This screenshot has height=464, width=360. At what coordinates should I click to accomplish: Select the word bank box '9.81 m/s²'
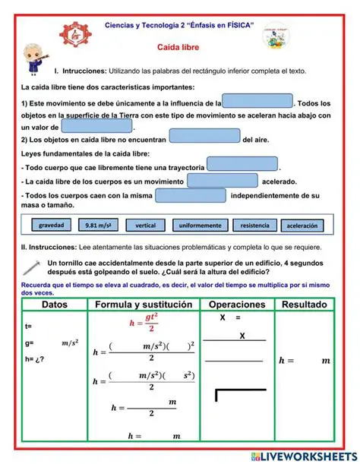coord(99,226)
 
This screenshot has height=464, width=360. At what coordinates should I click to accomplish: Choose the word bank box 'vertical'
coord(145,226)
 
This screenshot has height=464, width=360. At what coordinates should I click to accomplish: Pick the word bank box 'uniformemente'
coord(200,226)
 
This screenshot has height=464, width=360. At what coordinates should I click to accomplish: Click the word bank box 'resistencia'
coord(254,226)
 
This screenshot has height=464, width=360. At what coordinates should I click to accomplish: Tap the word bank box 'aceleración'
coord(303,226)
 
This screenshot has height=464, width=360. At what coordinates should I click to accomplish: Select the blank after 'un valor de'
coord(96,127)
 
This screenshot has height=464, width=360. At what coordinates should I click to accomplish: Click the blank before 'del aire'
coord(204,137)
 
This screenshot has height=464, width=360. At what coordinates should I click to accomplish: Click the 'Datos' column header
coord(54,305)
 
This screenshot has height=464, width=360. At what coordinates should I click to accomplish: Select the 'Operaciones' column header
coord(237,305)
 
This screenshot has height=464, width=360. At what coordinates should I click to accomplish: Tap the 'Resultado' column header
coord(305,305)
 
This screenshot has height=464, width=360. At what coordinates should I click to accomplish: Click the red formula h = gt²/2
coord(144,323)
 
